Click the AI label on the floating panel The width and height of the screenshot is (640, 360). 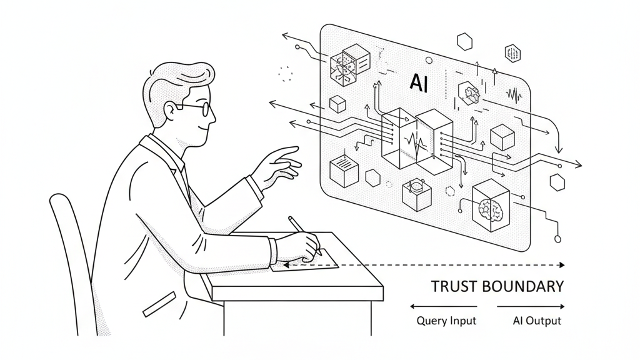(x=419, y=83)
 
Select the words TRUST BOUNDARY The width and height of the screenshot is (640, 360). (x=497, y=287)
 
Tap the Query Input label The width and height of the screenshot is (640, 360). (x=446, y=321)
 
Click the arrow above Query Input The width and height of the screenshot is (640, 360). (x=443, y=306)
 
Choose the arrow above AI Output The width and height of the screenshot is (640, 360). (x=531, y=306)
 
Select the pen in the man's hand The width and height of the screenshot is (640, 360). (x=304, y=234)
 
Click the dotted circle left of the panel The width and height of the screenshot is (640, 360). (x=286, y=74)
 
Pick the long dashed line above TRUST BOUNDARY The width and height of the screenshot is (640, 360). (x=425, y=265)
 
